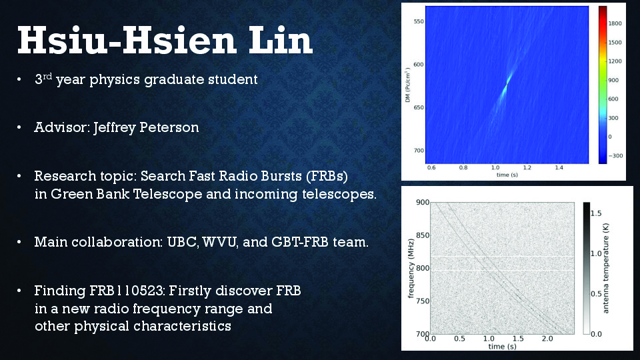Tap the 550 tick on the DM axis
click(x=419, y=21)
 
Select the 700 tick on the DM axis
click(x=419, y=151)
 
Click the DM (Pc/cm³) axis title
click(x=407, y=85)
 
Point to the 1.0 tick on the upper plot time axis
click(x=495, y=167)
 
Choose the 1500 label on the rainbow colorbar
click(x=615, y=43)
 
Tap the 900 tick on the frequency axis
click(x=423, y=202)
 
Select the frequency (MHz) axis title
click(x=411, y=268)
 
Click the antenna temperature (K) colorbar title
click(x=606, y=268)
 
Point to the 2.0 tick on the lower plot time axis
click(x=547, y=339)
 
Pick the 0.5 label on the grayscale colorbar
click(x=596, y=294)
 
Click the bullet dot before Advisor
click(x=19, y=128)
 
